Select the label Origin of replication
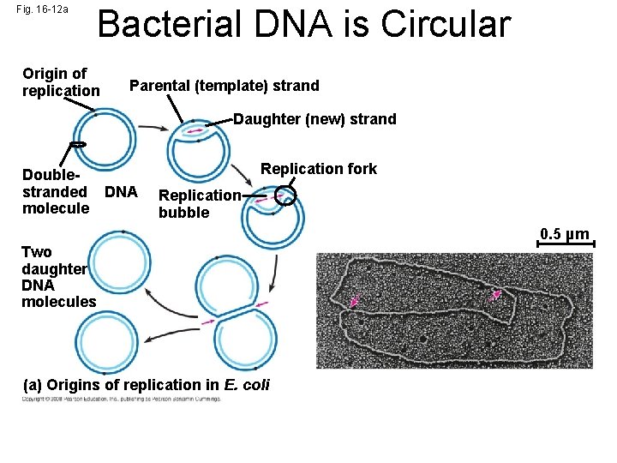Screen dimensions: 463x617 60,82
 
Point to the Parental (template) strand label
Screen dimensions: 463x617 224,86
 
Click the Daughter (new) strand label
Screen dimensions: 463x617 314,119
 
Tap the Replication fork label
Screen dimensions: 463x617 318,169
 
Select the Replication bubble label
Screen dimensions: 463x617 200,204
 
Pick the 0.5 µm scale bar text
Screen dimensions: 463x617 564,234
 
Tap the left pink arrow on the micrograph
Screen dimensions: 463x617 356,301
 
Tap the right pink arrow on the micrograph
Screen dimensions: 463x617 494,295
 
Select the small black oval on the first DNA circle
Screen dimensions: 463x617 76,144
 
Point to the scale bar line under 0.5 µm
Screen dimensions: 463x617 565,245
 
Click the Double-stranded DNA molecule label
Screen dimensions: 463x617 77,191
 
